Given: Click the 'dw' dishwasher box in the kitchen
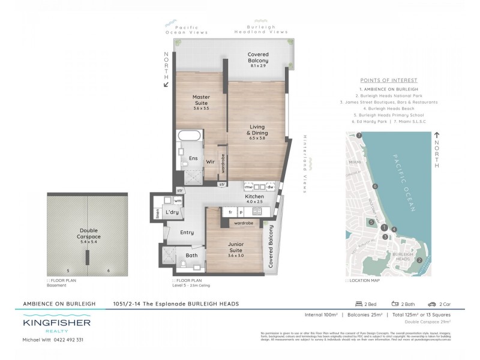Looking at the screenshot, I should pos(271,188).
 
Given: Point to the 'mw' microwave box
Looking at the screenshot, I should pos(248,188).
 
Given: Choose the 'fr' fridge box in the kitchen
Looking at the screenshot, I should pos(230,212).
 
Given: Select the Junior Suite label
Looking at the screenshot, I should pos(235,247).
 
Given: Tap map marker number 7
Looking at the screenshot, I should pos(359,136).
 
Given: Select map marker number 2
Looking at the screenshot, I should pos(419,259).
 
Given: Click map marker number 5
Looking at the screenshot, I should pos(371,223).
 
